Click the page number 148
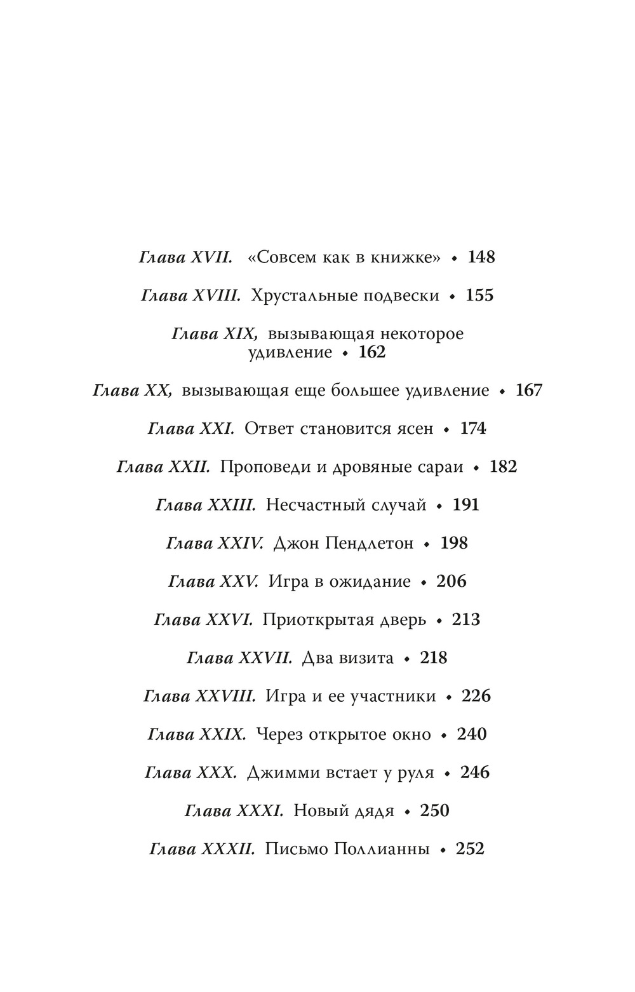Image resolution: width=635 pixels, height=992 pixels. (x=481, y=257)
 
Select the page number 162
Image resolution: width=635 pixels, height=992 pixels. (x=372, y=352)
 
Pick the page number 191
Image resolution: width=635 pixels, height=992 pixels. (x=466, y=505)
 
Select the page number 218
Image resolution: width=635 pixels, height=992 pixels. (x=434, y=658)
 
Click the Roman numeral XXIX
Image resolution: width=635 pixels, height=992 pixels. (x=222, y=735)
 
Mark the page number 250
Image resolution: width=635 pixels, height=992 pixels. (x=434, y=811)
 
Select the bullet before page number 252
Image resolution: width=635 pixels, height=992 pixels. (x=443, y=850)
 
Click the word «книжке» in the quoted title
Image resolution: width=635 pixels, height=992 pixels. (x=406, y=257)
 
